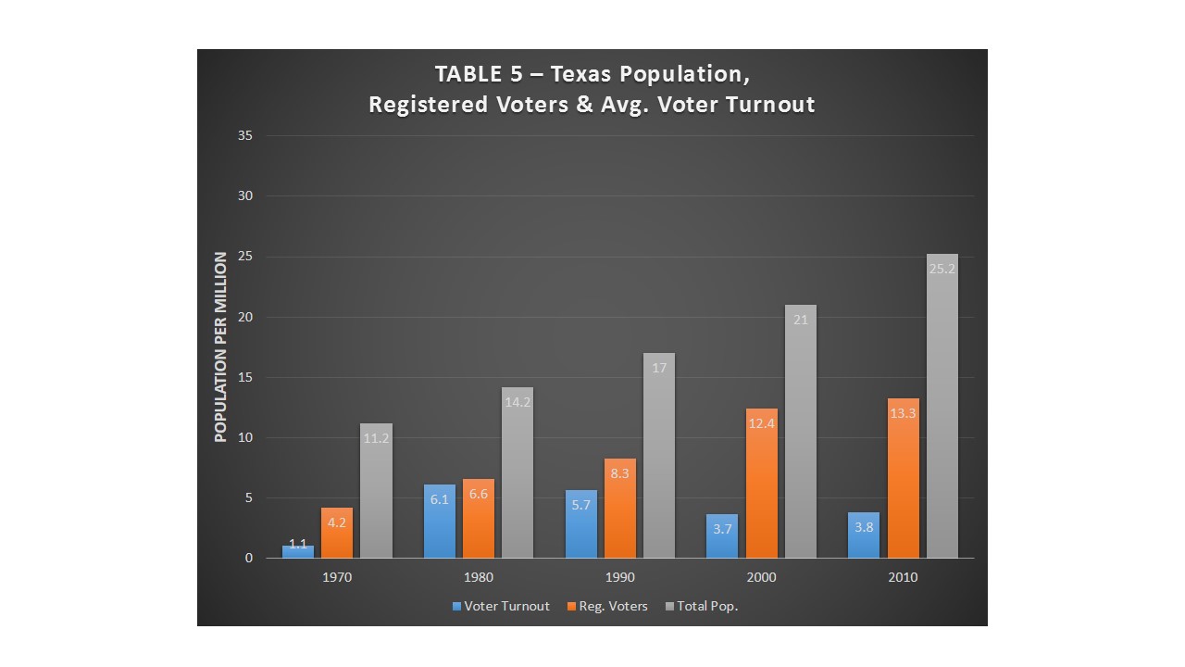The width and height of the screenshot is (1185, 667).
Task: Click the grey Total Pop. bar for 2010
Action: coord(942,408)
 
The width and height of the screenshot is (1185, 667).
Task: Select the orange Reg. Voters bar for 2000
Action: coord(761,484)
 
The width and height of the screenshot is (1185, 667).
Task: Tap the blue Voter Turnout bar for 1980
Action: coord(440,522)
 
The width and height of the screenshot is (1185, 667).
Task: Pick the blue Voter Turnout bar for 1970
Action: coord(298,552)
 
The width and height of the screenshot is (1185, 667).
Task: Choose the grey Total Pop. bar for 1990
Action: coord(659,456)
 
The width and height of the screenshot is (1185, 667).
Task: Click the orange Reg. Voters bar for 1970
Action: coord(337,533)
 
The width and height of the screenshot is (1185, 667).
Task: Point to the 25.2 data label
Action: coord(942,270)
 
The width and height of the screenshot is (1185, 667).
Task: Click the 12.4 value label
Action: coord(761,424)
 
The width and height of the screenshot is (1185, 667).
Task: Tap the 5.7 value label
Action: coord(580,505)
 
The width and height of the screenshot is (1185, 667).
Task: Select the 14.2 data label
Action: coord(518,403)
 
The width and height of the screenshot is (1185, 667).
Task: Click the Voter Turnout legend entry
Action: coord(501,607)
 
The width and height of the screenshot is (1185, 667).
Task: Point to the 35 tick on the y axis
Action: coord(245,136)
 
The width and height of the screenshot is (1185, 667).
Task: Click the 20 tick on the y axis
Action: coord(245,317)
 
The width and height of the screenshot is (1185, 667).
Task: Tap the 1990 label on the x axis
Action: coord(620,578)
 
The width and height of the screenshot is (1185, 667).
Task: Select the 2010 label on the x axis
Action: coord(903,578)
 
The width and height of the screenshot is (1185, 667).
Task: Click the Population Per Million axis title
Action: coord(221,347)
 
